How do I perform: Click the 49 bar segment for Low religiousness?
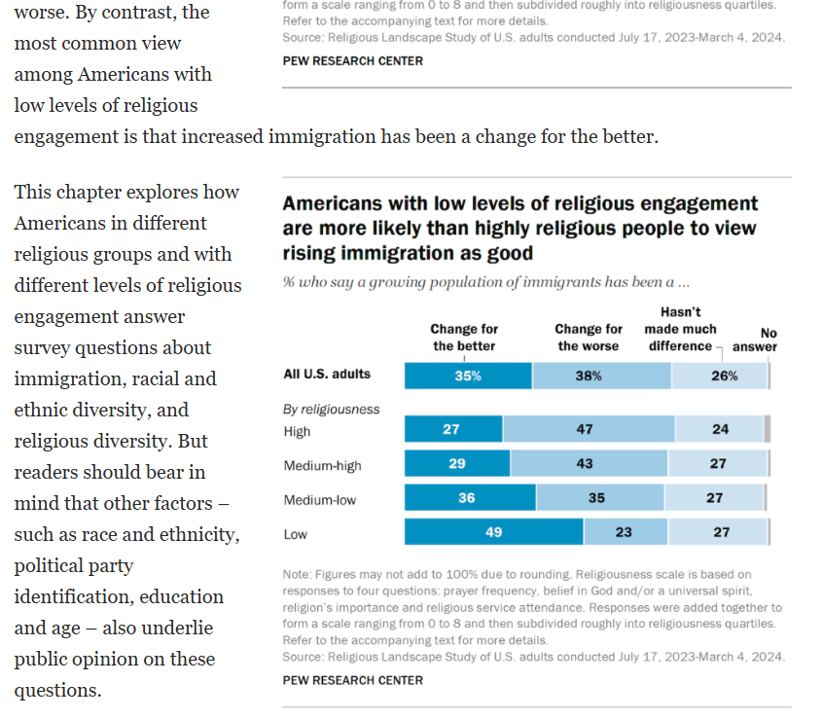coord(493,533)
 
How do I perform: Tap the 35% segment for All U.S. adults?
coord(468,376)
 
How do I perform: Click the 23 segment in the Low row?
coord(625,533)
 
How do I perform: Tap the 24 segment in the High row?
coord(719,429)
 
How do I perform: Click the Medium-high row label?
coord(322,466)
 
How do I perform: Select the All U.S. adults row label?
coord(326,374)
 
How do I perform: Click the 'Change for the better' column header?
coord(464,338)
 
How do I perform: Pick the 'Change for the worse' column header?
coord(589,338)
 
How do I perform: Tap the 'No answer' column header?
coord(755,340)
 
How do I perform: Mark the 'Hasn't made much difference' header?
coord(680,329)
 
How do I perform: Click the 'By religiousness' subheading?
coord(331,410)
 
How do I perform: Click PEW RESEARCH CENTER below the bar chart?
coord(352,680)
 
